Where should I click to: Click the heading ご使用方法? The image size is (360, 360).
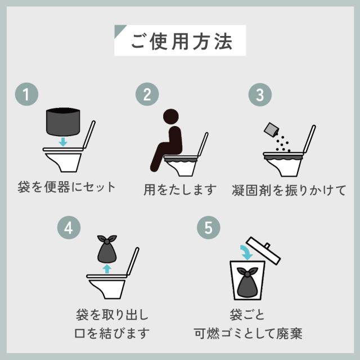182,42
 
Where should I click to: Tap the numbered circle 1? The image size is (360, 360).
26,94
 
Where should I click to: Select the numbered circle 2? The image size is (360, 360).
147,94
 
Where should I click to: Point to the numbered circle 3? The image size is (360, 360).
260,94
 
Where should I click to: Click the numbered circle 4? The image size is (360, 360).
69,227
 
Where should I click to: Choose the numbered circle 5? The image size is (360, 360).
209,227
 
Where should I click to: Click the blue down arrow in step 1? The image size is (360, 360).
63,142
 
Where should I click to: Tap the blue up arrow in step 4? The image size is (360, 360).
107,269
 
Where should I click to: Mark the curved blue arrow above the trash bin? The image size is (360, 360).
247,252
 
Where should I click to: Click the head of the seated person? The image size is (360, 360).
171,116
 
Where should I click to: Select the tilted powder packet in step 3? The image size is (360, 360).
271,130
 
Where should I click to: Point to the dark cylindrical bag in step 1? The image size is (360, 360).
63,121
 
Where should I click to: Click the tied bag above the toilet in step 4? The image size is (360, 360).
107,249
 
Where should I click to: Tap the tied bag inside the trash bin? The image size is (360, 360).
247,282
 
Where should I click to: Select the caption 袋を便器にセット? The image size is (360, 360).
66,187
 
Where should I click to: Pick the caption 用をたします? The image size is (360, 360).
180,190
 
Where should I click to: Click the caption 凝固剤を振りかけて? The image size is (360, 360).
289,190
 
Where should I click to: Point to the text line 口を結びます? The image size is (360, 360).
112,334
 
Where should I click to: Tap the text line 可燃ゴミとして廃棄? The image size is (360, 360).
248,334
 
